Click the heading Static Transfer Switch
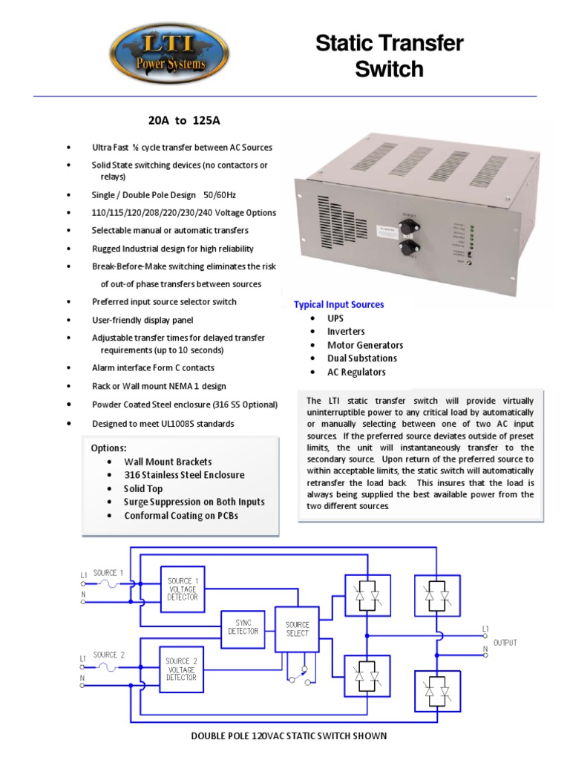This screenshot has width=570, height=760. (x=389, y=56)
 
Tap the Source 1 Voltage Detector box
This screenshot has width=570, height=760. (x=182, y=589)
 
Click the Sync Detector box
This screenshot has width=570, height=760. (x=243, y=627)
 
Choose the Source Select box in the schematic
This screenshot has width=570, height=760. (x=297, y=629)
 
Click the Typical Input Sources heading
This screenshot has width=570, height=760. (x=338, y=304)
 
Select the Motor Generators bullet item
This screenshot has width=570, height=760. (x=365, y=345)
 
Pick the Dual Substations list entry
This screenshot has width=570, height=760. (x=362, y=358)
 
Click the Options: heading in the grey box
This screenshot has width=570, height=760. (x=108, y=448)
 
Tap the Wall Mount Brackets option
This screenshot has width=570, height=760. (x=168, y=462)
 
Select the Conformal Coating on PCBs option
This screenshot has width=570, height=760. (x=182, y=516)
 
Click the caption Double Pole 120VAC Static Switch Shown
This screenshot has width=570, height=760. (x=289, y=736)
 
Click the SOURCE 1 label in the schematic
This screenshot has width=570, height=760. (x=108, y=573)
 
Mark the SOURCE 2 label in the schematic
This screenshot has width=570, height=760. (x=108, y=655)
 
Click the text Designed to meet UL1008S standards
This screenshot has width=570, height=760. (x=163, y=423)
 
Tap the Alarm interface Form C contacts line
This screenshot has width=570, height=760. (x=153, y=368)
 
